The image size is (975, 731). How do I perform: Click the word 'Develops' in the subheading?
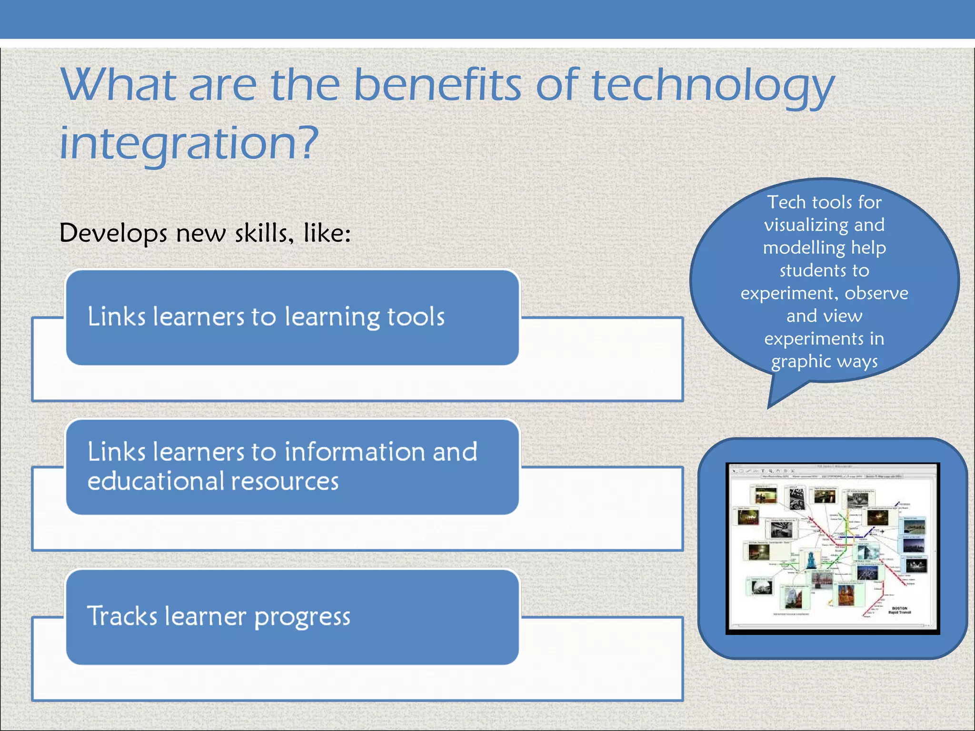click(x=113, y=234)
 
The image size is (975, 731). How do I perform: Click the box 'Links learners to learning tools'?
click(x=292, y=317)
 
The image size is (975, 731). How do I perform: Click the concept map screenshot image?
click(x=832, y=548)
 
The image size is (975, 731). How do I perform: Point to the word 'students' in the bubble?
click(x=811, y=270)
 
